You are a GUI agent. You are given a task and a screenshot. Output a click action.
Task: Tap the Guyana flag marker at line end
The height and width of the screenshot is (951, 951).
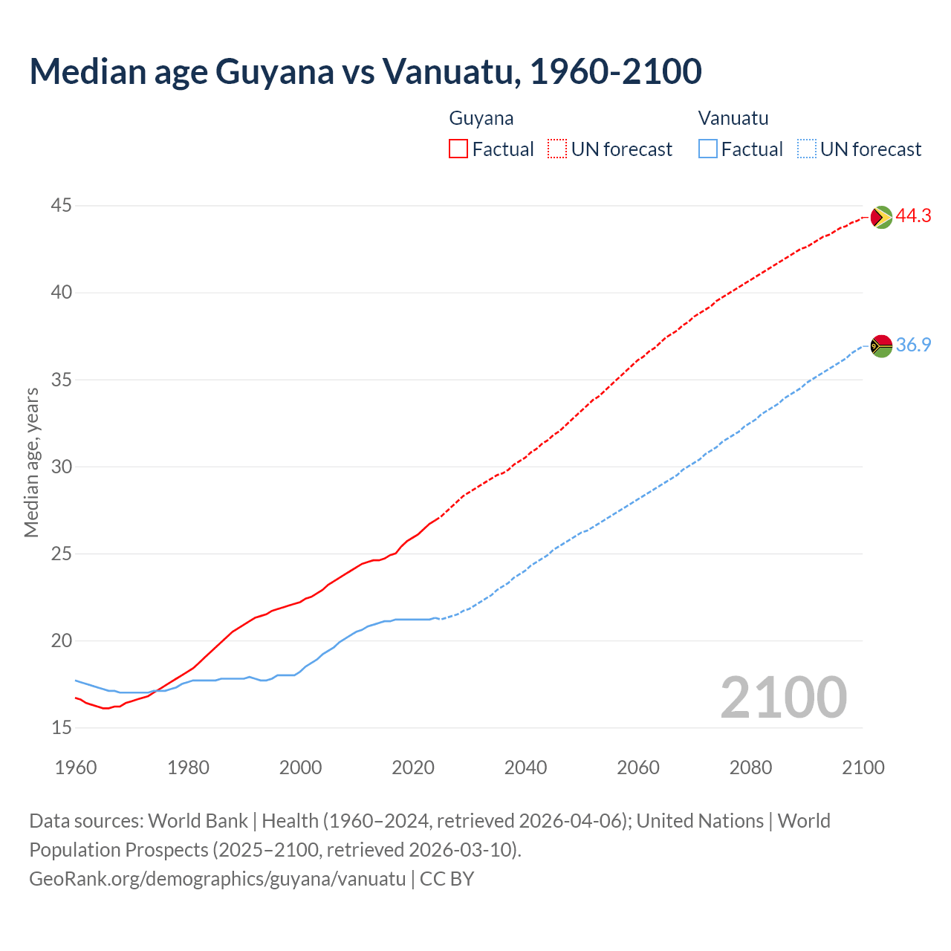pyautogui.click(x=880, y=217)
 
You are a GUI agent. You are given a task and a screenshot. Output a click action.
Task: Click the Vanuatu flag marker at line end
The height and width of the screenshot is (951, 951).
pyautogui.click(x=880, y=345)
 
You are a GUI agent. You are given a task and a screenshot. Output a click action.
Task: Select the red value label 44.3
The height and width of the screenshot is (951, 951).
pyautogui.click(x=913, y=216)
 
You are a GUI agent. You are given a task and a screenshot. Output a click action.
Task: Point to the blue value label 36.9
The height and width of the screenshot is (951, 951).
pyautogui.click(x=913, y=345)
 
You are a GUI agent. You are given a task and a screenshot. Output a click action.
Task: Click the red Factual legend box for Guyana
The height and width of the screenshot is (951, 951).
pyautogui.click(x=458, y=149)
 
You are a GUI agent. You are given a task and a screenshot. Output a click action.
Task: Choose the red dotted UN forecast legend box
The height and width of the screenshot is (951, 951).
pyautogui.click(x=557, y=149)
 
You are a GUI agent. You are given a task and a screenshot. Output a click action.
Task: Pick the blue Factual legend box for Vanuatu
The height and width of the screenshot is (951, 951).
pyautogui.click(x=708, y=149)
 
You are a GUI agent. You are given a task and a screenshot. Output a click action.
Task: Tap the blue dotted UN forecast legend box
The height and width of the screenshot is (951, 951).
pyautogui.click(x=807, y=149)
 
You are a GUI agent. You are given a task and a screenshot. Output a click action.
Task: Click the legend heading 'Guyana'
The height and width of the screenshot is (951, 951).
pyautogui.click(x=481, y=118)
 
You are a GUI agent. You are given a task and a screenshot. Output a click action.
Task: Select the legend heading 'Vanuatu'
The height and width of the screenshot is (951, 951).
pyautogui.click(x=733, y=118)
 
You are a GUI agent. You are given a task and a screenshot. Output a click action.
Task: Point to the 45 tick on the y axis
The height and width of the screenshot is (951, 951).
pyautogui.click(x=62, y=205)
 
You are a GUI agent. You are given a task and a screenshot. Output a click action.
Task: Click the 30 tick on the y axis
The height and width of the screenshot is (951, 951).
pyautogui.click(x=62, y=467)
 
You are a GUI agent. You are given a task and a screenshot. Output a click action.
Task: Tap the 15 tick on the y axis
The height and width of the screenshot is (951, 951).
pyautogui.click(x=62, y=727)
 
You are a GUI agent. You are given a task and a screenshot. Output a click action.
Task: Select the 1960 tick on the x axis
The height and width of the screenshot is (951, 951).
pyautogui.click(x=76, y=767)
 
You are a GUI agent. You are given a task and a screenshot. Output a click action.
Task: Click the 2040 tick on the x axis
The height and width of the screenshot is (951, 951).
pyautogui.click(x=525, y=767)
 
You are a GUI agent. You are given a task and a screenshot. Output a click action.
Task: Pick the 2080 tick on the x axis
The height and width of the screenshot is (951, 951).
pyautogui.click(x=750, y=767)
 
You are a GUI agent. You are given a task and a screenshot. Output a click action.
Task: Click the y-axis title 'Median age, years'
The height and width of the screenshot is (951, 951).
pyautogui.click(x=31, y=462)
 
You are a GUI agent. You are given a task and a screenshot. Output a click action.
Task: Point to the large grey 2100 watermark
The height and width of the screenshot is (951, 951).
pyautogui.click(x=783, y=697)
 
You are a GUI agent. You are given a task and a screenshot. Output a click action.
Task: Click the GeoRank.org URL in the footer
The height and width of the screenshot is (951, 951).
pyautogui.click(x=217, y=878)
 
